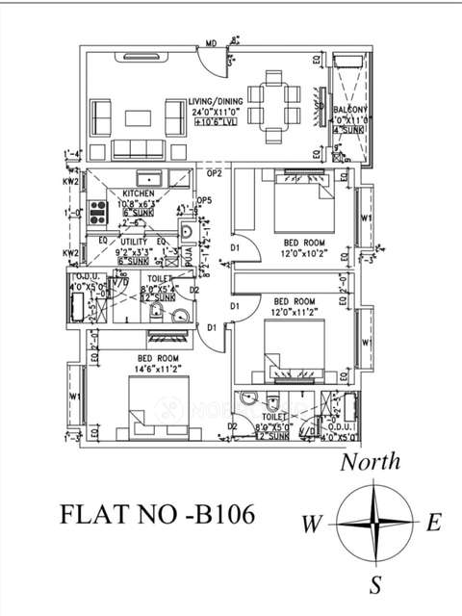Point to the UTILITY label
133,241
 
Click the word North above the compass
371,462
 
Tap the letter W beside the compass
310,526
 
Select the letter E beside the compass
433,524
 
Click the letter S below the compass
376,584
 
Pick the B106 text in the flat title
221,515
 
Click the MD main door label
210,43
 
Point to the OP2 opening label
215,173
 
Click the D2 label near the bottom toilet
233,425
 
